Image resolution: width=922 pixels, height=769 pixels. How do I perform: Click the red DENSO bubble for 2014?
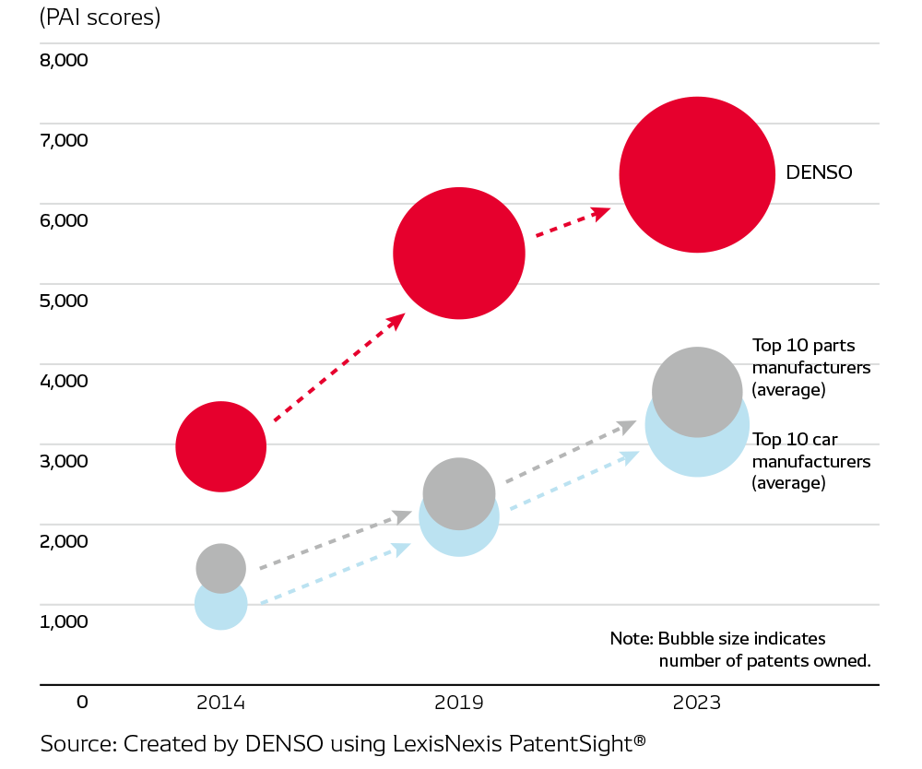(220, 446)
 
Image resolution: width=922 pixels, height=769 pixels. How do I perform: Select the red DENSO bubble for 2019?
(458, 254)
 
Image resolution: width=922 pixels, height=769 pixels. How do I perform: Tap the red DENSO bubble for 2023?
(696, 174)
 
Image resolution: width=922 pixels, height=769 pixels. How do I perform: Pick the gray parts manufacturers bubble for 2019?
(458, 493)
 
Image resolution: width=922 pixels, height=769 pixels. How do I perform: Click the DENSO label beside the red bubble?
(819, 172)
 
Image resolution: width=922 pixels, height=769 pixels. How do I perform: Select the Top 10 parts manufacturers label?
(811, 367)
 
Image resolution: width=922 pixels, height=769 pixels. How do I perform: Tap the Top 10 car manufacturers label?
(811, 460)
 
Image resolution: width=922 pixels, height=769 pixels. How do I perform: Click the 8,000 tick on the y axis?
(64, 61)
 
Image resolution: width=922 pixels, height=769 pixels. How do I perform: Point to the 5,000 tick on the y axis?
(64, 301)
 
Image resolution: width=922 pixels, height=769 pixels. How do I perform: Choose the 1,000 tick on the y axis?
(64, 621)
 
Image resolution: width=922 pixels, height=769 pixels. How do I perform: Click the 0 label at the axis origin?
(82, 702)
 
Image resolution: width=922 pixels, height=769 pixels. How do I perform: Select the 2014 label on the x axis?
(220, 702)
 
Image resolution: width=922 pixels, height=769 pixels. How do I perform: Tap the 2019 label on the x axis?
(459, 702)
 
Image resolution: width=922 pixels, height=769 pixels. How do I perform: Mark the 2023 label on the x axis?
(697, 702)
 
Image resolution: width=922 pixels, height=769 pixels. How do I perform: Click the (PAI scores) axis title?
(100, 17)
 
